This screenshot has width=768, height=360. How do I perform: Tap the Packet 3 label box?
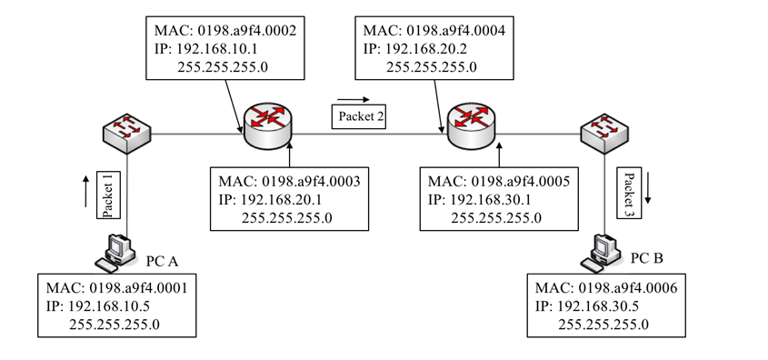tap(628, 192)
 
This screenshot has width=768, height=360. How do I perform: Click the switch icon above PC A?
tap(126, 135)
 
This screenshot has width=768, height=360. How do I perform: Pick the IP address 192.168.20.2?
tap(437, 48)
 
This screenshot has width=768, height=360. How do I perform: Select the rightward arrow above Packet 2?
tap(354, 98)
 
